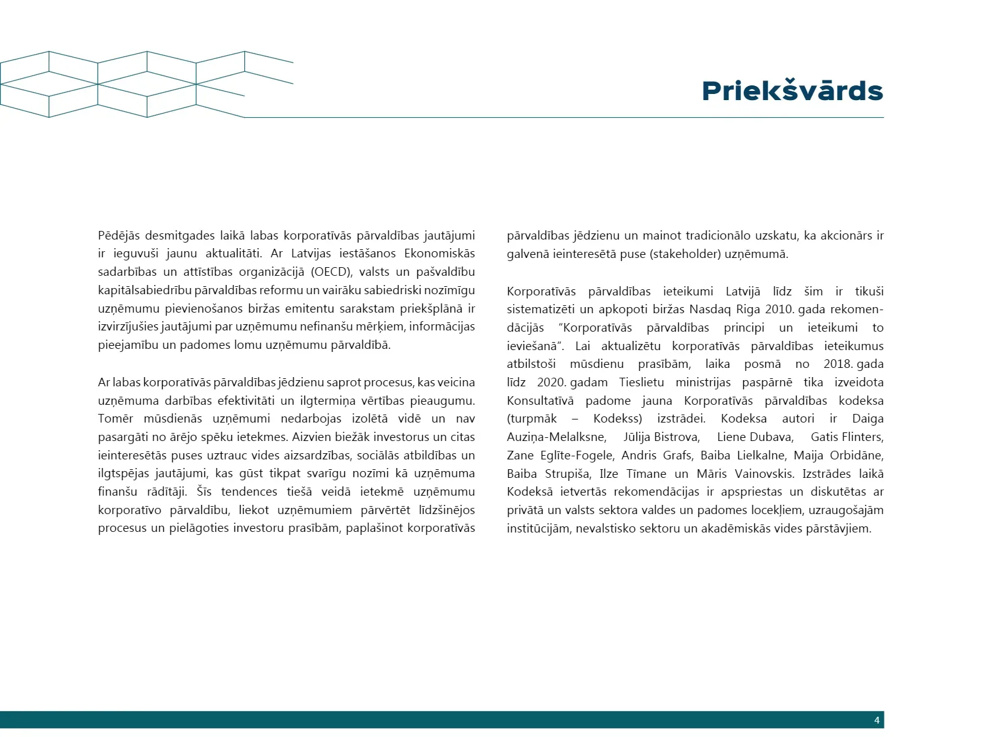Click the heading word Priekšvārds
[792, 91]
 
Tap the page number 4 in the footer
[876, 720]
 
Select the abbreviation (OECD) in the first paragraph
[331, 272]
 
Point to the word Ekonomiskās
[439, 254]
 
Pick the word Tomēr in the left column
[115, 419]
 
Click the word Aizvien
[311, 437]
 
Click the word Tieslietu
[641, 383]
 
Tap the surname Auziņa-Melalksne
[556, 437]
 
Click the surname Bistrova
[676, 437]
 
